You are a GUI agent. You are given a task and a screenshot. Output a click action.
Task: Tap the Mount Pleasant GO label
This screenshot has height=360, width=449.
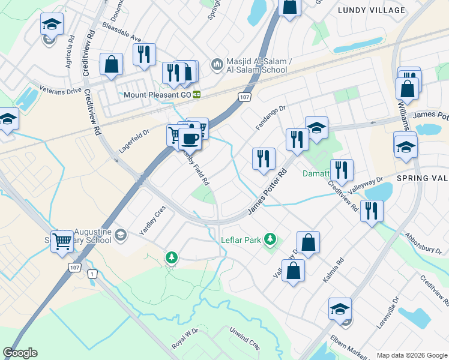point(157,95)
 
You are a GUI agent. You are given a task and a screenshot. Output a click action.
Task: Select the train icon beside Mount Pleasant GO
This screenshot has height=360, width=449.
point(196,95)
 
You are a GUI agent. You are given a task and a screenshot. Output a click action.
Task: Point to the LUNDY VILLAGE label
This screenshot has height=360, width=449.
point(372,10)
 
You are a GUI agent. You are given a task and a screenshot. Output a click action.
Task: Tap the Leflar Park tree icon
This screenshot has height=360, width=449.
point(270,240)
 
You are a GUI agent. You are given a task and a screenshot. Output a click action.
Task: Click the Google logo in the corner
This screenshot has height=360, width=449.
point(20,353)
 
